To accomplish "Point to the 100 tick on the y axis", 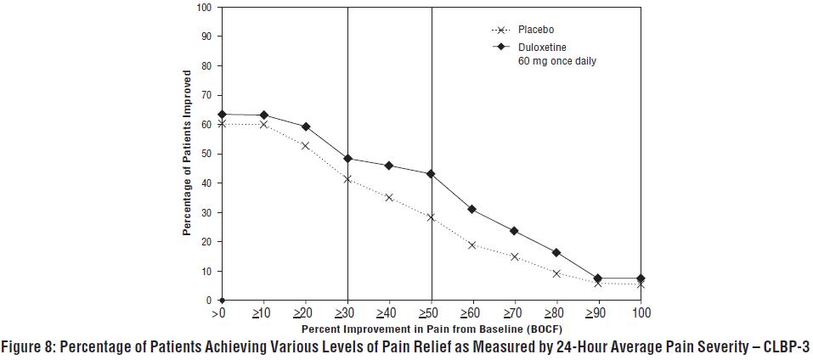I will click(x=204, y=8).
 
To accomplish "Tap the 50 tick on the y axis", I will click(x=206, y=154).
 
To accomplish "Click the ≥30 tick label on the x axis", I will click(x=347, y=313).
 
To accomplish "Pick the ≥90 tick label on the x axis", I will click(x=599, y=313).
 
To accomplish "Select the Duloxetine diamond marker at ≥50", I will click(x=432, y=174).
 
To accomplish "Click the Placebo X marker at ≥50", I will click(x=432, y=217).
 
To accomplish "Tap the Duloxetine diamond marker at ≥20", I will click(x=305, y=127).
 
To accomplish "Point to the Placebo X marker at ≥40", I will click(x=389, y=198).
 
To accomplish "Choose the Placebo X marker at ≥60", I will click(x=473, y=245).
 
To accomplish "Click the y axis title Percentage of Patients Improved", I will click(x=186, y=153).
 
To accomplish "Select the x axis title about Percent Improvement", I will click(x=431, y=329).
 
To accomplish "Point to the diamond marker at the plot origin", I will click(x=221, y=301).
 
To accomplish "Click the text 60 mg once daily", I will click(x=556, y=61).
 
